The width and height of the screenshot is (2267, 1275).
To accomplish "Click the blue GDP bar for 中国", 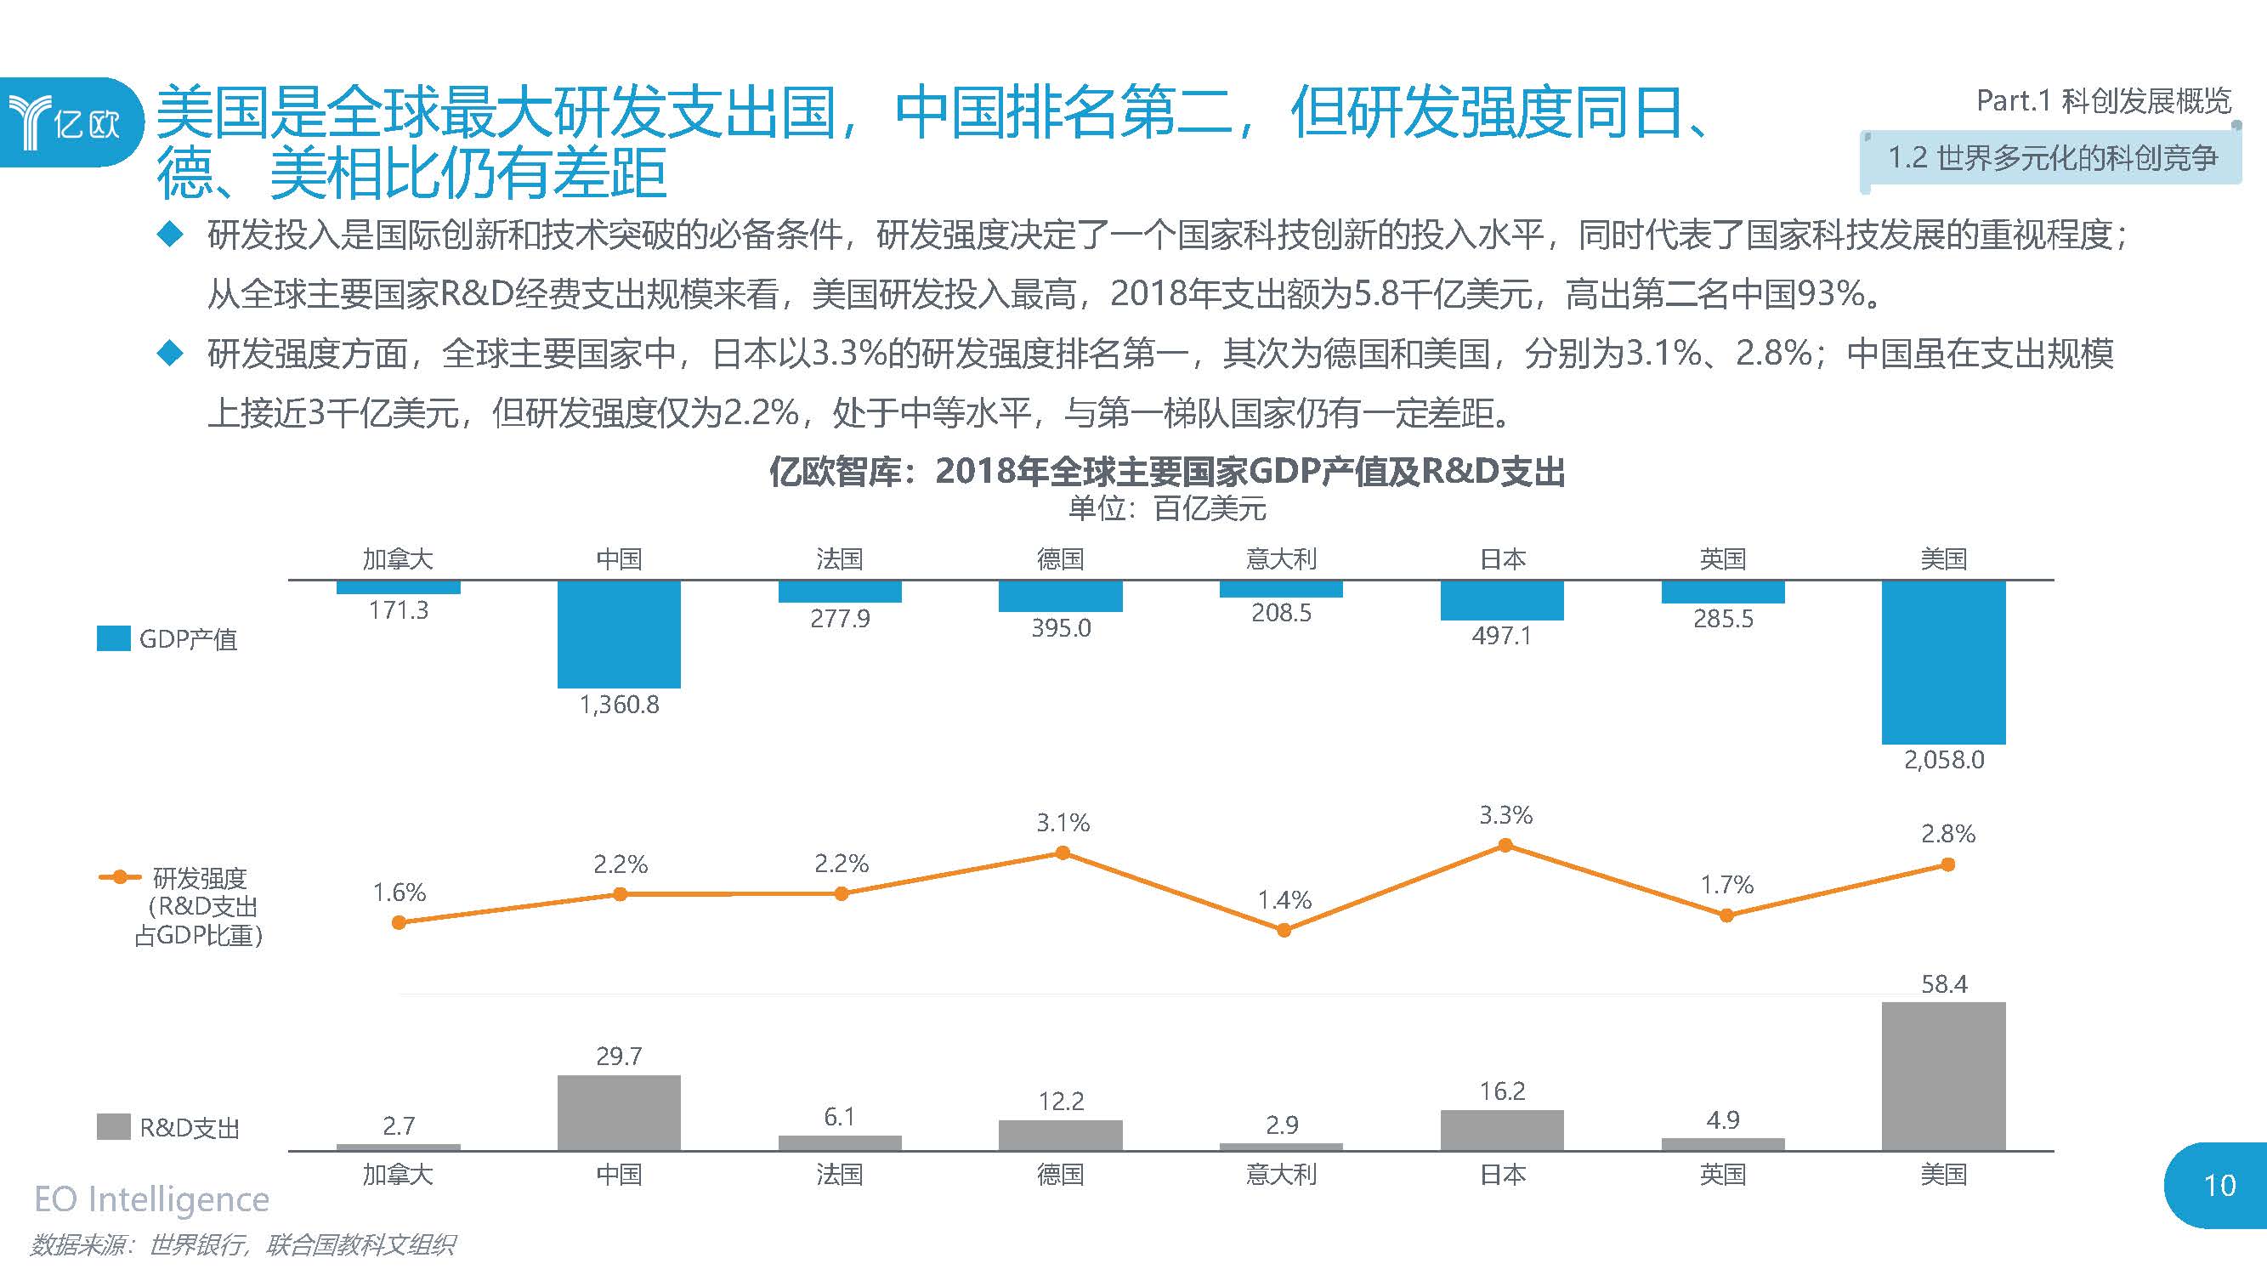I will click(x=619, y=633).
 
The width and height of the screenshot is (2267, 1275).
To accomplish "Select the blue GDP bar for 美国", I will click(x=1943, y=661).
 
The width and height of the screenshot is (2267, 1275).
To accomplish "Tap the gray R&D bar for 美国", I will click(x=1943, y=1075).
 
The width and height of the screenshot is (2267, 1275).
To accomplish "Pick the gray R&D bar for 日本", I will click(x=1501, y=1130).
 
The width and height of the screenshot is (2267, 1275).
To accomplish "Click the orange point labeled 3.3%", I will click(x=1505, y=846).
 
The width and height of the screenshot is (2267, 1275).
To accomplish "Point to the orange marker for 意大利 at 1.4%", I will click(x=1284, y=930).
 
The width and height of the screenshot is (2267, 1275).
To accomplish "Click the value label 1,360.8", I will click(x=619, y=705).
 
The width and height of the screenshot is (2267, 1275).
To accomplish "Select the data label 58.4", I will click(x=1943, y=983).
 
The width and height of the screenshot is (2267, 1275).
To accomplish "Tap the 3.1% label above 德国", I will click(x=1063, y=824).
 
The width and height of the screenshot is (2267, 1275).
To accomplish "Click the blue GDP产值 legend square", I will click(x=114, y=639).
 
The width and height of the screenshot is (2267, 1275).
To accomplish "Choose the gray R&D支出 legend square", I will click(x=114, y=1127).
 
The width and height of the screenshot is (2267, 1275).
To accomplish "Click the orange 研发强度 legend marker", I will click(x=120, y=877).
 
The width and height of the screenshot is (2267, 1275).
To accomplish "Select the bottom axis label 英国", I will click(x=1722, y=1175).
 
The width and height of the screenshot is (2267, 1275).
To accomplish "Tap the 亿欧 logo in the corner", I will click(x=66, y=122).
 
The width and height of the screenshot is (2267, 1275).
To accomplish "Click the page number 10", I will click(x=2219, y=1185).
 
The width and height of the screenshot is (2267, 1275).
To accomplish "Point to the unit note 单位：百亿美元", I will click(x=1167, y=508).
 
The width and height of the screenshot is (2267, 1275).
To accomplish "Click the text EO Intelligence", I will click(x=151, y=1199).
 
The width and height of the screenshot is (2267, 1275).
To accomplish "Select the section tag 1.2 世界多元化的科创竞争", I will click(x=2051, y=158).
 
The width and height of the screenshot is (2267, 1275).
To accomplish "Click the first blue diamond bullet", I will click(x=169, y=235).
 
